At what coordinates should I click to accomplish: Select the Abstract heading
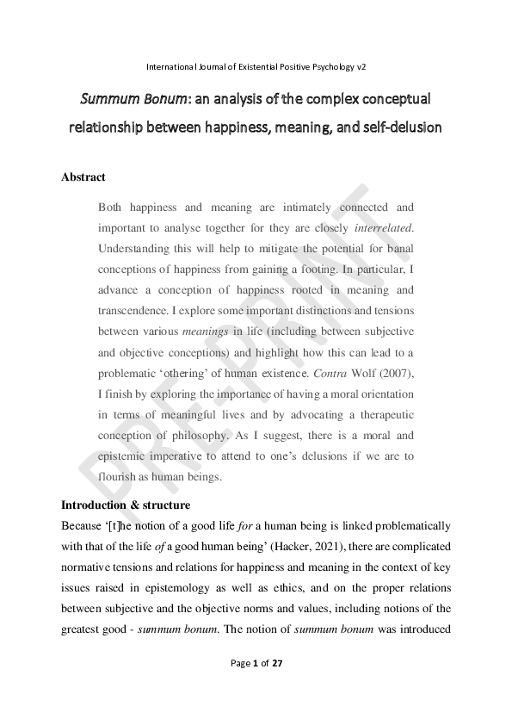point(83,177)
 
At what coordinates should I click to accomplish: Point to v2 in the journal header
point(361,65)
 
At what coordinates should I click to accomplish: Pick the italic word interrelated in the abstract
point(384,228)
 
